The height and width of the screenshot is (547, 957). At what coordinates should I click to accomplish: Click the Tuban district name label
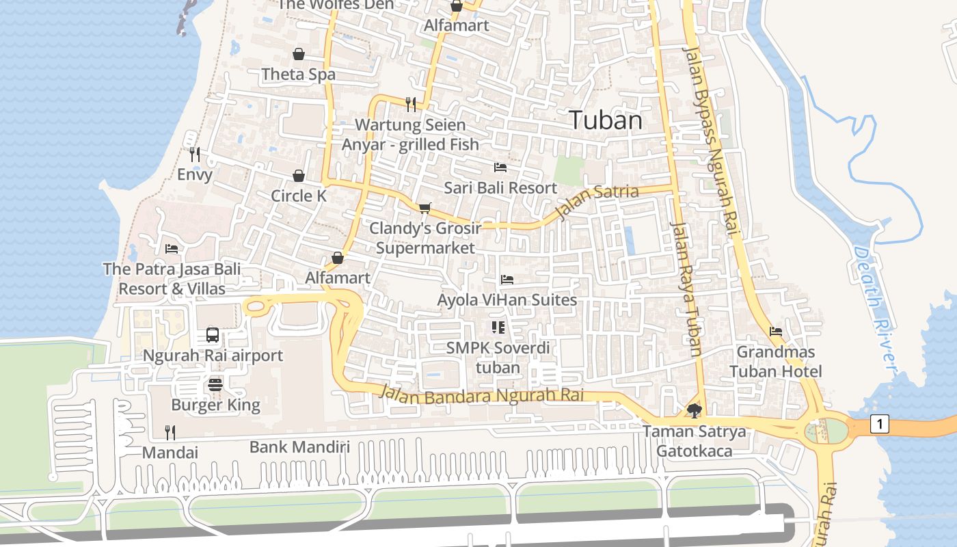pos(606,120)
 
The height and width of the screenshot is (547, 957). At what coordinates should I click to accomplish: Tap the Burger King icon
pos(215,384)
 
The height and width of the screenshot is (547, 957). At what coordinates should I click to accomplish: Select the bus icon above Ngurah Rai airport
pos(213,335)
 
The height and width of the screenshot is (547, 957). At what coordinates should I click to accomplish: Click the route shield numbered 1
pos(880,425)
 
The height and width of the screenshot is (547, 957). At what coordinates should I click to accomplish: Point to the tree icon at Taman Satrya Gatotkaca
pos(695,411)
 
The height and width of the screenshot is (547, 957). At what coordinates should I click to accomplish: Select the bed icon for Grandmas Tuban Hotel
pos(776,332)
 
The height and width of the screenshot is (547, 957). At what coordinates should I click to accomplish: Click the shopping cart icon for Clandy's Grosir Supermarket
pos(425,208)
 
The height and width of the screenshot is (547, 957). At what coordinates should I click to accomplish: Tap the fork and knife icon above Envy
pos(195,155)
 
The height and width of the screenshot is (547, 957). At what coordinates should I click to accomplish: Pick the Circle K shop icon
pos(299,176)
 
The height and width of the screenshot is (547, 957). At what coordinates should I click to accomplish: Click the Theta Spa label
pos(299,74)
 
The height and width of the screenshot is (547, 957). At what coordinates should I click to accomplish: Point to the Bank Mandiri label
pos(299,447)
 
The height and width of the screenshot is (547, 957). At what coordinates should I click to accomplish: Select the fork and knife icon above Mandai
pos(170,432)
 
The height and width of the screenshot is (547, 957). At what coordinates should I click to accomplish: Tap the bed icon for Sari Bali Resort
pos(500,167)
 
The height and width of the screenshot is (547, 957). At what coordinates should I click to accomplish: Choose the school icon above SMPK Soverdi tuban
pos(498,328)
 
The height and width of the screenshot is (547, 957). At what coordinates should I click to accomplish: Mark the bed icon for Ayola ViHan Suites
pos(507,279)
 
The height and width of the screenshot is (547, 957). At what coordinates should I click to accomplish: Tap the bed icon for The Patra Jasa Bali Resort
pos(172,249)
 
